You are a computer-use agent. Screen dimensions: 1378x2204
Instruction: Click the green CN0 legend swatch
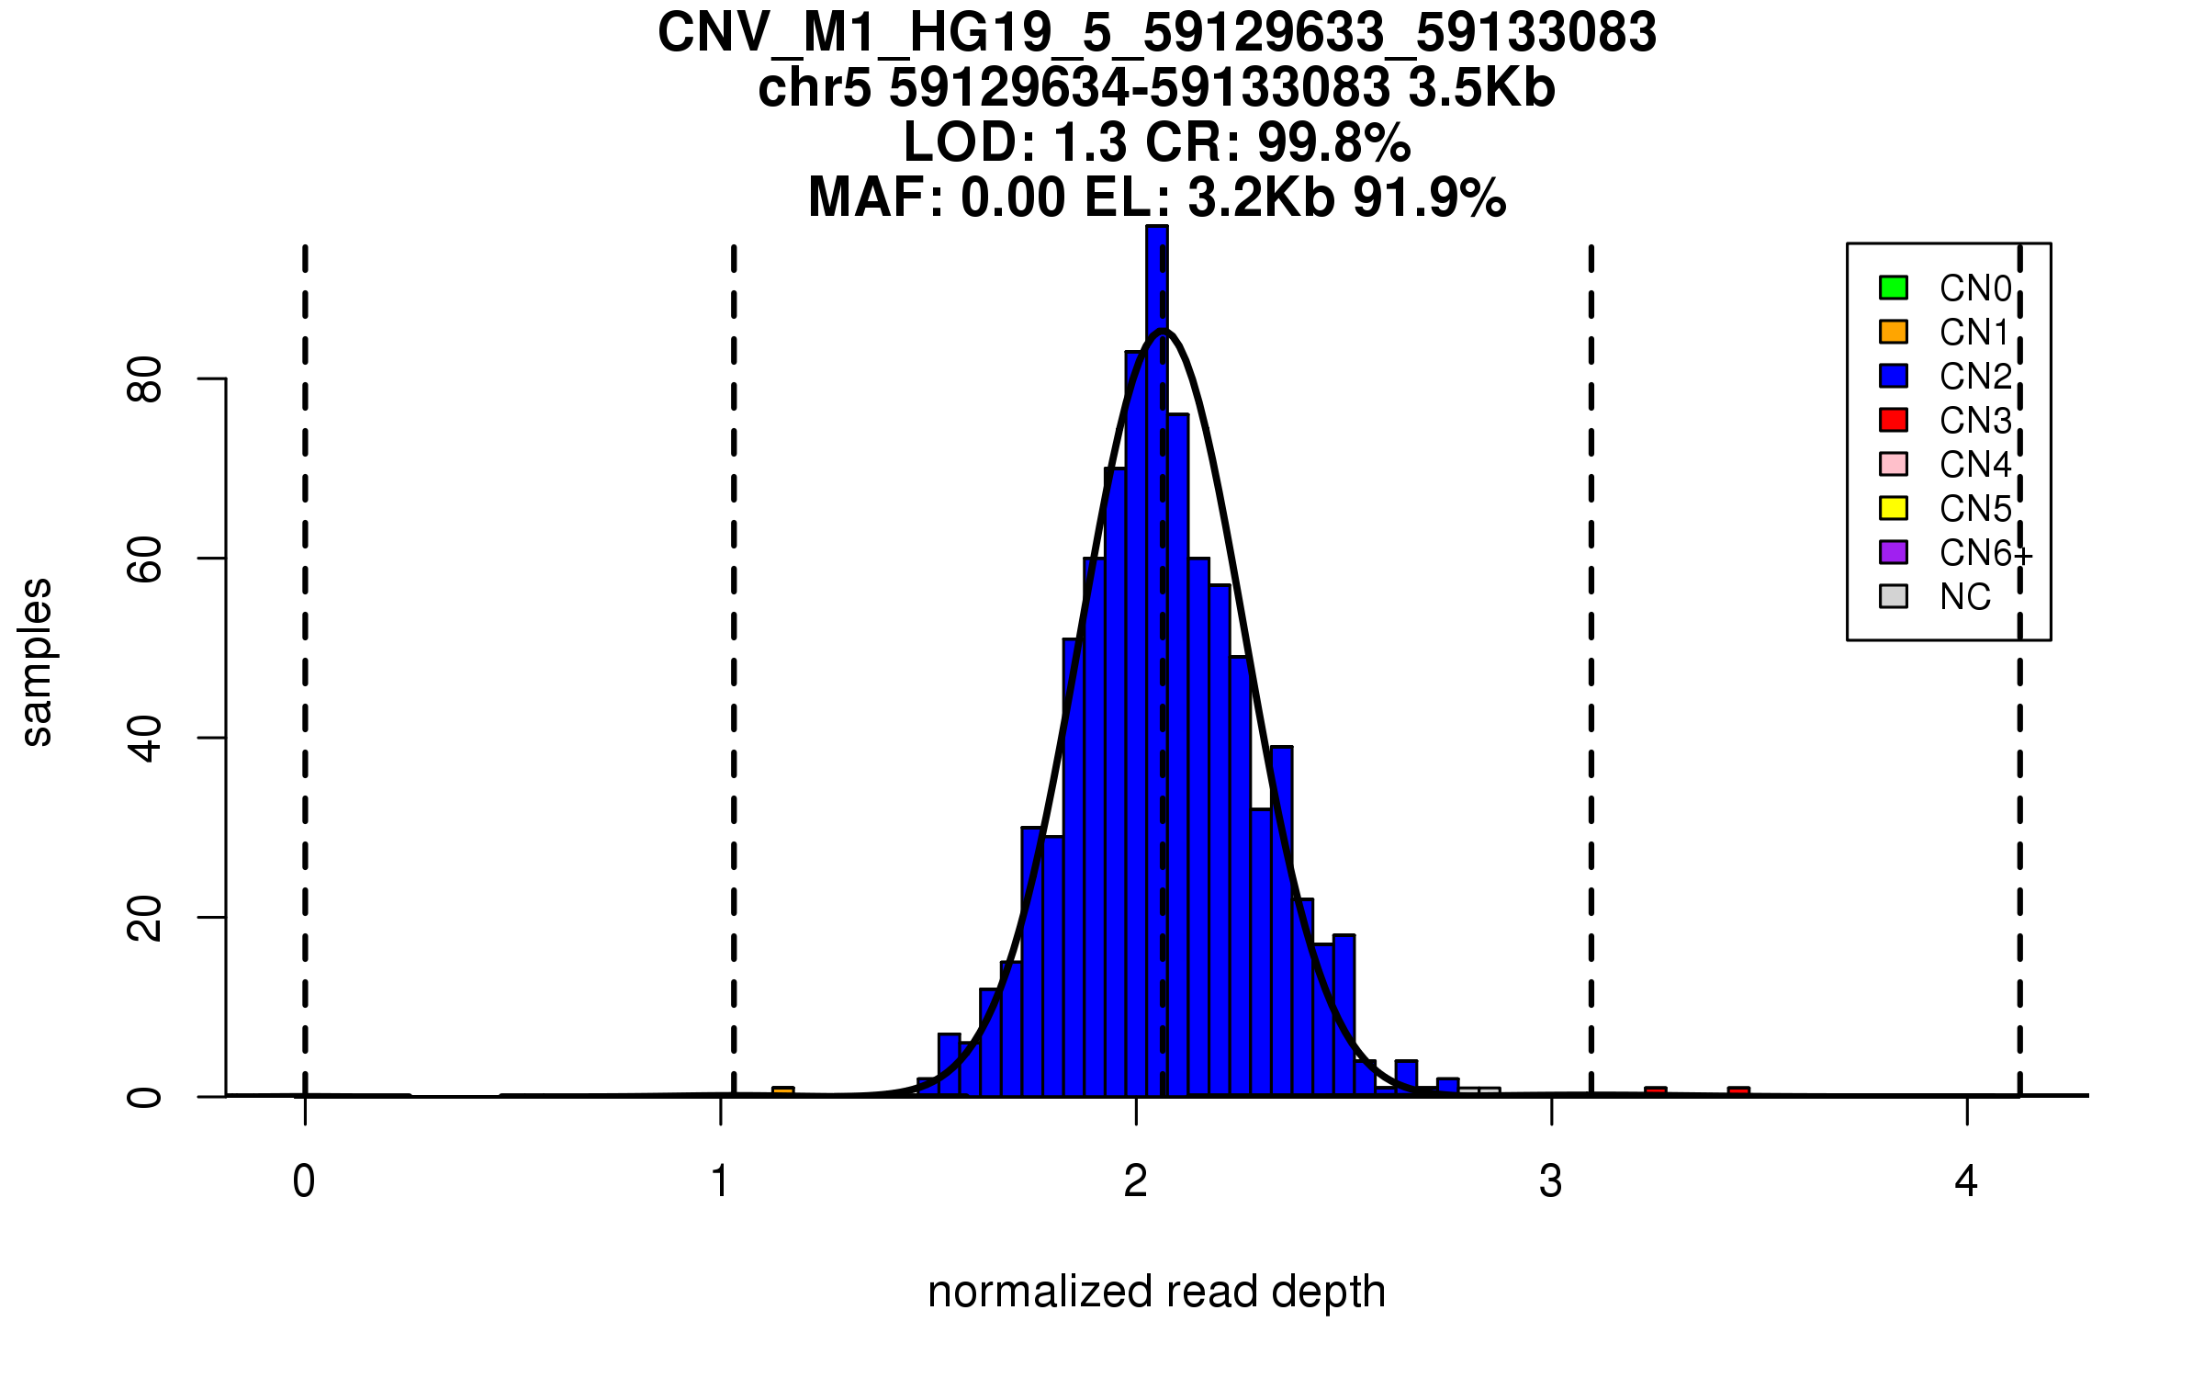pyautogui.click(x=1894, y=288)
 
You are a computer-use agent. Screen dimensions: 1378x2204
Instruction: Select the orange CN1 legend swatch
pyautogui.click(x=1894, y=332)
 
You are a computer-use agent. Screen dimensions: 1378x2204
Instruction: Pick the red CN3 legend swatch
pyautogui.click(x=1894, y=420)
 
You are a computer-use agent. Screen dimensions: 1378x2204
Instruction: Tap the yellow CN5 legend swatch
pyautogui.click(x=1894, y=508)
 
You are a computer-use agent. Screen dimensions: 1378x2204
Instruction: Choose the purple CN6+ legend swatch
pyautogui.click(x=1894, y=552)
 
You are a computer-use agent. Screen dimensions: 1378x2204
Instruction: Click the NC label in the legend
pyautogui.click(x=1965, y=597)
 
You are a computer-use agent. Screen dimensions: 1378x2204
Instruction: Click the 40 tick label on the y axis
pyautogui.click(x=145, y=738)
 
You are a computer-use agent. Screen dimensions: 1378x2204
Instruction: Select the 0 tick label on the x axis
pyautogui.click(x=304, y=1181)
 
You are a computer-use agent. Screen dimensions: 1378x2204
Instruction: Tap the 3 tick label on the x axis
pyautogui.click(x=1551, y=1181)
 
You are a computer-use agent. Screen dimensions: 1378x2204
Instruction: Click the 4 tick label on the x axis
pyautogui.click(x=1966, y=1181)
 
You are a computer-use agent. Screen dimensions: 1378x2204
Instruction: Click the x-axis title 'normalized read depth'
pyautogui.click(x=1156, y=1292)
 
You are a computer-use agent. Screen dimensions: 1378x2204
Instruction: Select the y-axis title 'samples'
pyautogui.click(x=37, y=661)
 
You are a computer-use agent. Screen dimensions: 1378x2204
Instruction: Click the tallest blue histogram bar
pyautogui.click(x=1156, y=643)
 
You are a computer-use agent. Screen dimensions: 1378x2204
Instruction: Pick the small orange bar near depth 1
pyautogui.click(x=782, y=1091)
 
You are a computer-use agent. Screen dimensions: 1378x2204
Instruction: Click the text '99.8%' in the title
pyautogui.click(x=1333, y=143)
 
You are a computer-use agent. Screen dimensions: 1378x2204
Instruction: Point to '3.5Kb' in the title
pyautogui.click(x=1481, y=89)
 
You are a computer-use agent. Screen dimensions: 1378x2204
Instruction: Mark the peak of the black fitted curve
pyautogui.click(x=1163, y=331)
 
